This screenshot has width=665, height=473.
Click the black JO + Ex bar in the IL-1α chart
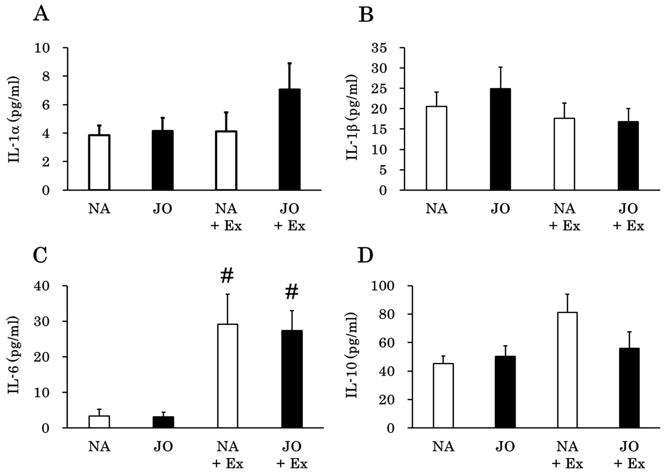(289, 140)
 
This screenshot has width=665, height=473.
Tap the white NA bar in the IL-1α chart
(99, 162)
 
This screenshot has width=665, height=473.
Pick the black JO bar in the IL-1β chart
(500, 139)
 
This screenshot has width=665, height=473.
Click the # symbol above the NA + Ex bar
(227, 276)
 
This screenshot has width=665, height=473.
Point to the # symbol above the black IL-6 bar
(292, 292)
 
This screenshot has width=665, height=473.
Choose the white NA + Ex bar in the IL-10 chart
(567, 370)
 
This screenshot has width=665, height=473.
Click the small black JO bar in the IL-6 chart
(163, 422)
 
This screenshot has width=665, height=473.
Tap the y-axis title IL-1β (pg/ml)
(352, 117)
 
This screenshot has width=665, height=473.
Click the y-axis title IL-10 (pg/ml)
(352, 355)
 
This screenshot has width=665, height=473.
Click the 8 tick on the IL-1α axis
(46, 76)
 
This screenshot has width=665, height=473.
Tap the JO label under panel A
(163, 209)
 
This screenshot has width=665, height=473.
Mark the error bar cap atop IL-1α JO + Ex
(289, 63)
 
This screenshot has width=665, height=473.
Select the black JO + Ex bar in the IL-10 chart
(629, 388)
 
